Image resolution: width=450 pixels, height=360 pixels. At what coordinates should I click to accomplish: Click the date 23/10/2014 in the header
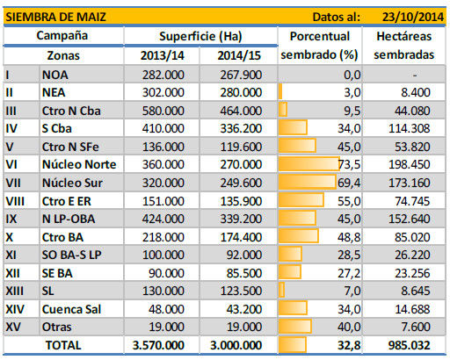point(412,17)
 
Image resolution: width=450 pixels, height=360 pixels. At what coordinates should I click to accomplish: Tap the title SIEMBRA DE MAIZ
point(55,17)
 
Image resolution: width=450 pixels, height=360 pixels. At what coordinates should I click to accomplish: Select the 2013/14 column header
point(163,55)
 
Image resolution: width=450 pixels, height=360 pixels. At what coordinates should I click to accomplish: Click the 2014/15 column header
point(239,55)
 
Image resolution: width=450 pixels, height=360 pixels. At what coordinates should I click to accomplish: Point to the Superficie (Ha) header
point(200,36)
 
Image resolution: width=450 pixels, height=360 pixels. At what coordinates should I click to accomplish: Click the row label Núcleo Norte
point(79,164)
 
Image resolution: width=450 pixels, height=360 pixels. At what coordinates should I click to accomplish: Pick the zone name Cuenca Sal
point(71,309)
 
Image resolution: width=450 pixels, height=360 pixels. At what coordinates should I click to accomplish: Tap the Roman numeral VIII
point(15,201)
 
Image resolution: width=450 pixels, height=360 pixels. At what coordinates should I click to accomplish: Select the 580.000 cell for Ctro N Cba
point(163,111)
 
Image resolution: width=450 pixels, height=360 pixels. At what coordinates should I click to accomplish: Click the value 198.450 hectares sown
point(410,164)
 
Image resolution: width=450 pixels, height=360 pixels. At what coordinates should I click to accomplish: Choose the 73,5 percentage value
point(349,164)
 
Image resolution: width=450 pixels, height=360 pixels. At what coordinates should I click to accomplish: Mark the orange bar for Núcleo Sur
point(307,182)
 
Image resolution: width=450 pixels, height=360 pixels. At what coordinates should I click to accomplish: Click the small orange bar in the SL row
point(281,290)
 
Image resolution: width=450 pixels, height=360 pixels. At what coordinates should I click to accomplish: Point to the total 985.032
point(410,345)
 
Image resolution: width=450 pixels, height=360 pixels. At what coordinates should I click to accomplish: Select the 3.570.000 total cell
point(158,345)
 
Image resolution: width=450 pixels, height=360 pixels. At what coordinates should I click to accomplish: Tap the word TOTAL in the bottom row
point(63,345)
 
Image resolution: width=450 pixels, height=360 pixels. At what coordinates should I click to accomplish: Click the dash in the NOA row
point(415,76)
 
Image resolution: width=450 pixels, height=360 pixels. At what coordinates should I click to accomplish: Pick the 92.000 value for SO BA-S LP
point(244,255)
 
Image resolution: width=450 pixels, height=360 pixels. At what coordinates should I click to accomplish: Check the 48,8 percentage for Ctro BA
point(349,237)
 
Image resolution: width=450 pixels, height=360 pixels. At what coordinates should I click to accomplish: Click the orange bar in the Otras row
point(295,326)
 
